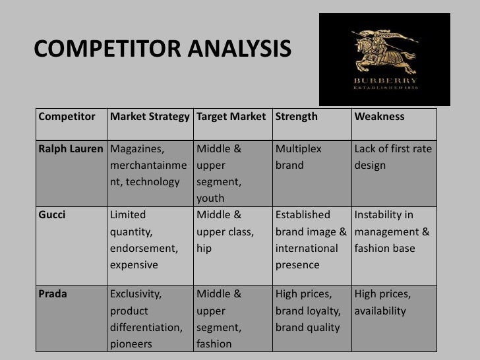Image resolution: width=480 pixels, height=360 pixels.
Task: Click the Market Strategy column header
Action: pos(149,117)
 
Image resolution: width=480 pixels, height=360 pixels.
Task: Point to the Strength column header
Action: pos(296,117)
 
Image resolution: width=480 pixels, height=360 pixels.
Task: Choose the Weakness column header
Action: pos(379,117)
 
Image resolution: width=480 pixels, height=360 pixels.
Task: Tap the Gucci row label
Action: pos(52,215)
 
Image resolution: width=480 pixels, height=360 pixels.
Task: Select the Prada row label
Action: pos(53,294)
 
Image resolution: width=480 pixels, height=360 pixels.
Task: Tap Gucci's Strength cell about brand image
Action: pos(311,239)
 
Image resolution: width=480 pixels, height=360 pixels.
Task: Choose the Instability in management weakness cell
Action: pos(392,231)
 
